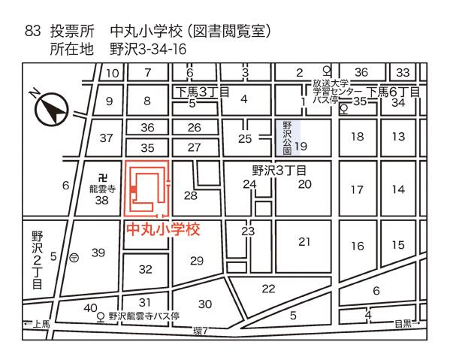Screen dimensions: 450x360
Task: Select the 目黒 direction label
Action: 403,325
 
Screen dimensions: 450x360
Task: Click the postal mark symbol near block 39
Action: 74,256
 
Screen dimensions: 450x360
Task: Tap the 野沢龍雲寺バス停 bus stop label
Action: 143,317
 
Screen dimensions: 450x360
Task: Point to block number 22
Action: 268,289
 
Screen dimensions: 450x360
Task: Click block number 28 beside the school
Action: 190,195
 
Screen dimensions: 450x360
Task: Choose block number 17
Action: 357,189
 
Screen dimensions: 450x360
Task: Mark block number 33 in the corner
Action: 403,72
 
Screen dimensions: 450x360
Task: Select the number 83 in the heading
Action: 32,32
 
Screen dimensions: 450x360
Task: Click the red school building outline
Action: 146,189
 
